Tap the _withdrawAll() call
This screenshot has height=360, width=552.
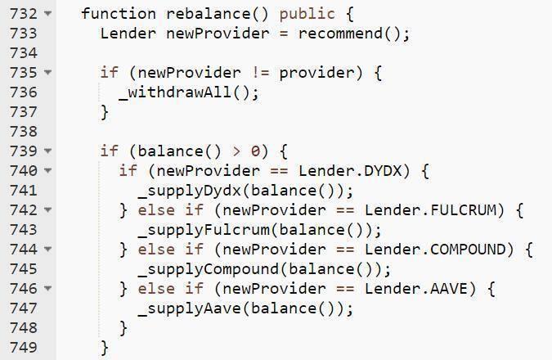tap(188, 92)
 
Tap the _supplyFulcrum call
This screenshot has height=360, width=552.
tap(202, 230)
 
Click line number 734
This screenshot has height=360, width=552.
tap(24, 53)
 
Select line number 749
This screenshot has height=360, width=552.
tap(24, 348)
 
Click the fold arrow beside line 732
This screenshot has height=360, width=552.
tap(48, 15)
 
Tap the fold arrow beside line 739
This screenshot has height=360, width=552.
tap(48, 152)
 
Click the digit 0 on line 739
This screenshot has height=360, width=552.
tap(255, 151)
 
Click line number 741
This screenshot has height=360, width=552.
tap(24, 191)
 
